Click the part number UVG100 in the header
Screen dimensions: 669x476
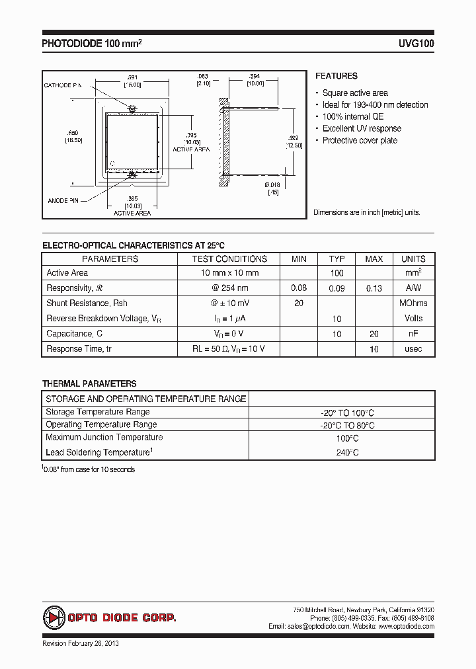point(416,44)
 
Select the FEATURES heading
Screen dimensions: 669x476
point(336,76)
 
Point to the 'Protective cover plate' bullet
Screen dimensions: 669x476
point(360,141)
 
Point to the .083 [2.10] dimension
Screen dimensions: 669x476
point(202,80)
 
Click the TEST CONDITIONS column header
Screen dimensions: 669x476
point(229,259)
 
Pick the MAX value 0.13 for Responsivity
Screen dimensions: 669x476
point(374,288)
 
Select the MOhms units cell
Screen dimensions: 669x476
point(413,303)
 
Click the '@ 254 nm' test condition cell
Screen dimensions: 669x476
point(229,288)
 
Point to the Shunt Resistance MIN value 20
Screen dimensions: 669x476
point(299,303)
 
